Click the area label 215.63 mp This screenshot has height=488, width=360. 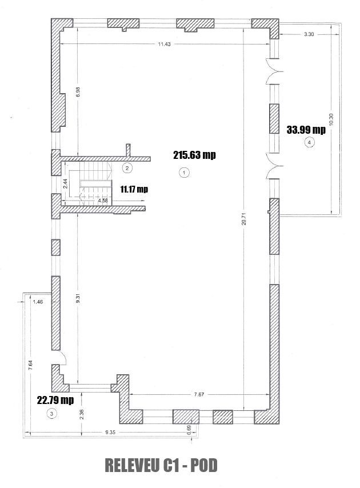click(195, 155)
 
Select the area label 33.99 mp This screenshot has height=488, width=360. click(306, 130)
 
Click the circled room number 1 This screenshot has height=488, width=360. click(183, 171)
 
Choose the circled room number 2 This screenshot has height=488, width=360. click(127, 167)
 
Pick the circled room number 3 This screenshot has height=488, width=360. click(52, 414)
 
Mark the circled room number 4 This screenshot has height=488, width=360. click(310, 142)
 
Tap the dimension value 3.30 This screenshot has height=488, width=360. click(309, 35)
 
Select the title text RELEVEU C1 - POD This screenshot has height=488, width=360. click(162, 466)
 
